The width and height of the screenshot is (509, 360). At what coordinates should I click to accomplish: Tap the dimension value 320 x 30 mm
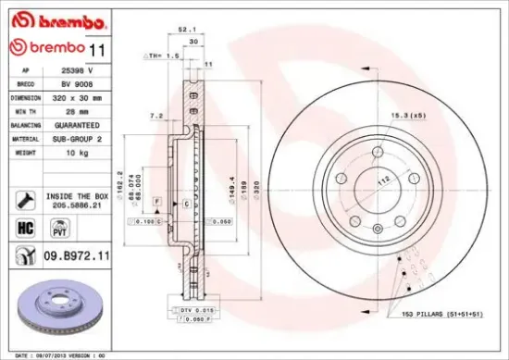click(x=80, y=96)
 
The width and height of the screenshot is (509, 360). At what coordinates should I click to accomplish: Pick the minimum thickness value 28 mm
click(x=72, y=110)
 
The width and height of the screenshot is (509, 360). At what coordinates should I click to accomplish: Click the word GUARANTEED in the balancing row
click(x=79, y=124)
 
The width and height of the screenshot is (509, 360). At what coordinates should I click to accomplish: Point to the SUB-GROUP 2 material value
click(x=79, y=138)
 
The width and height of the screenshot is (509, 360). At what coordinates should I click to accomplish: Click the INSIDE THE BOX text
click(x=78, y=196)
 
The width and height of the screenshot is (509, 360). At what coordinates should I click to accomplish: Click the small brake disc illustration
click(x=62, y=309)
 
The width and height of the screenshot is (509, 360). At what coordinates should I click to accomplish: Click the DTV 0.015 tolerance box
click(x=198, y=310)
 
